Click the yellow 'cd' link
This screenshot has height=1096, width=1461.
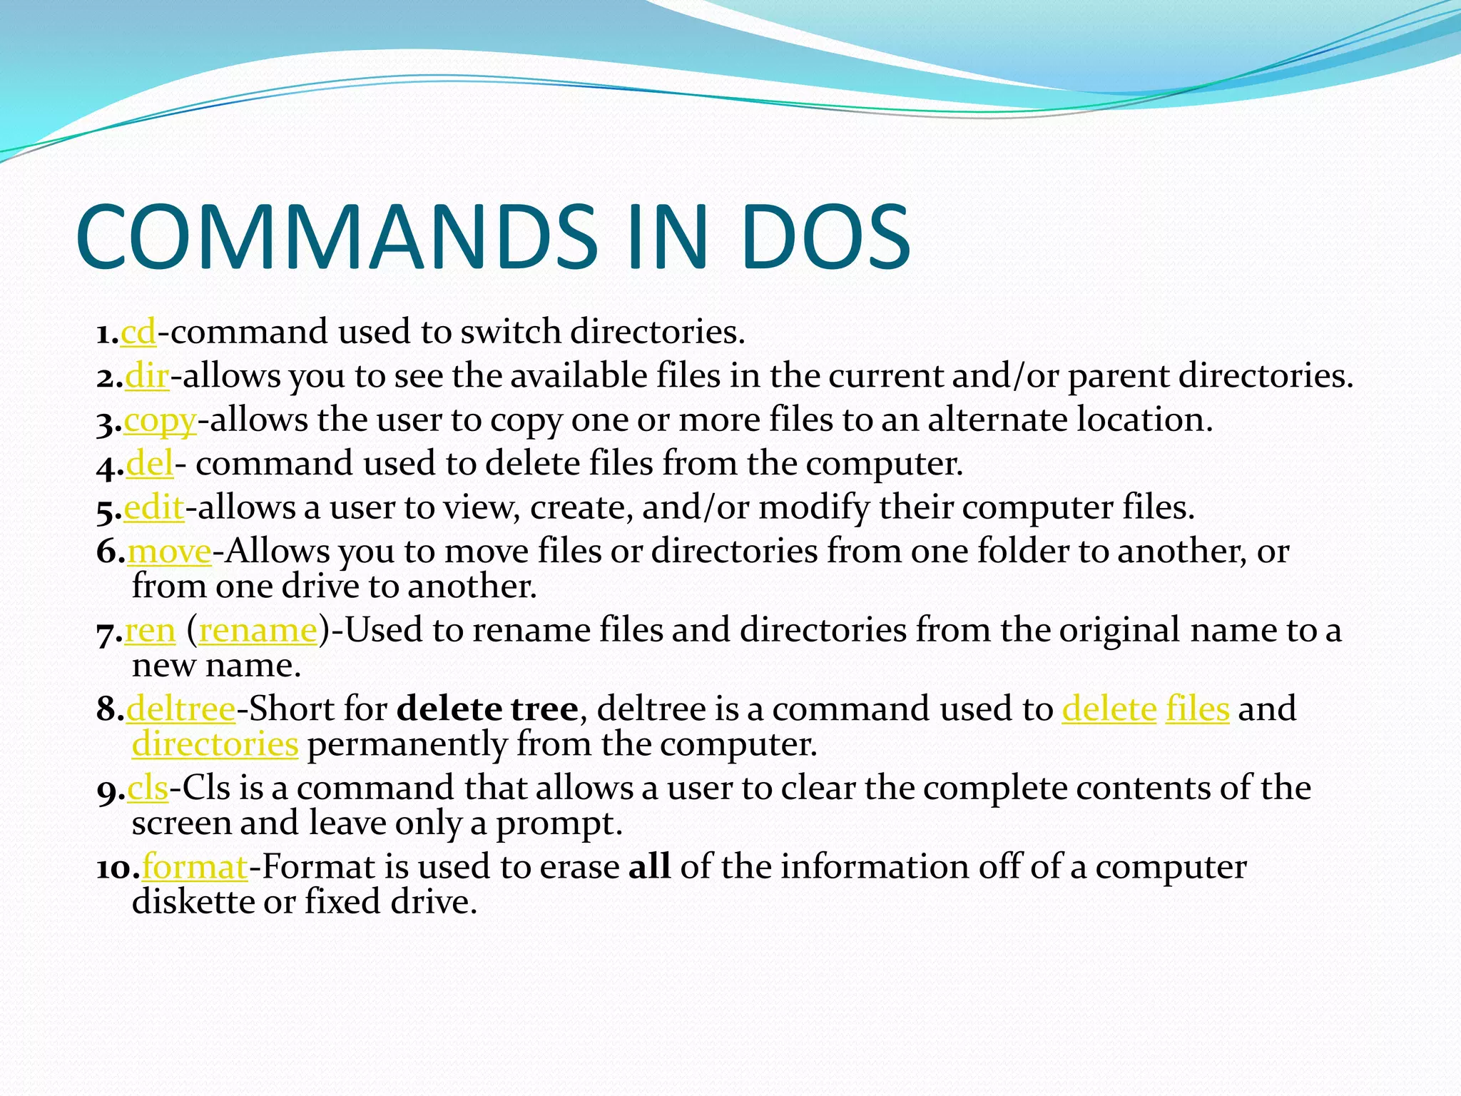click(x=138, y=333)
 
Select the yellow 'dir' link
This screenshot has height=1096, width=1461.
click(x=147, y=377)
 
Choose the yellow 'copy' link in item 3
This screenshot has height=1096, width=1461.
click(x=160, y=421)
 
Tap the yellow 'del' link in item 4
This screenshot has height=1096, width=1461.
click(x=150, y=465)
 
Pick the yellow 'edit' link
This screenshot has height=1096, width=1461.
click(x=154, y=508)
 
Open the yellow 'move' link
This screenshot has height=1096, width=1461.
click(x=170, y=552)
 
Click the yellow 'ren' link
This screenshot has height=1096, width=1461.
click(x=150, y=631)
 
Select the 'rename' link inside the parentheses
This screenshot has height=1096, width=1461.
click(x=258, y=631)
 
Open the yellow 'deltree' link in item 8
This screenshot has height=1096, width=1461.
click(x=181, y=709)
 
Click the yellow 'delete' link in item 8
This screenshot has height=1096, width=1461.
click(x=1109, y=709)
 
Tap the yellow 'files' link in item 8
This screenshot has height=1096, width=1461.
click(x=1197, y=709)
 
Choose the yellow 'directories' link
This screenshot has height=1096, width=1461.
click(x=215, y=744)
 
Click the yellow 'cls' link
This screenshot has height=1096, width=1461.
click(x=148, y=788)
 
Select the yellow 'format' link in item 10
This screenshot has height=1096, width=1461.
click(x=195, y=868)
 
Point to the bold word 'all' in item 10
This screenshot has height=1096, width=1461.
click(x=649, y=867)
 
